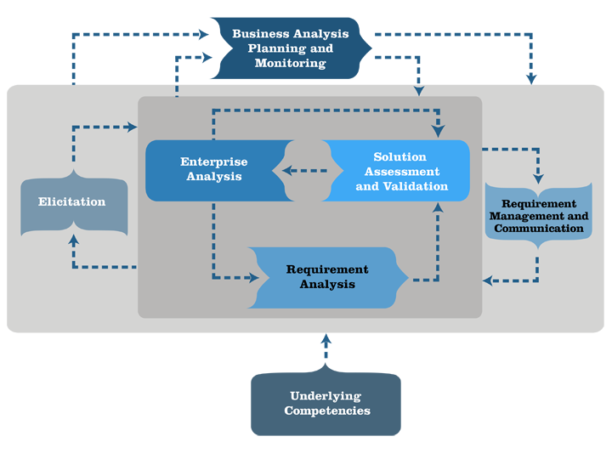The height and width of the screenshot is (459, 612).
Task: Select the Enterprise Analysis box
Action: [x=214, y=170]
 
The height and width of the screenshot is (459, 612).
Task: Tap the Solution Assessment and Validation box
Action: [x=399, y=171]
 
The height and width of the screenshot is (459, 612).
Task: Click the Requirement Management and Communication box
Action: [x=538, y=216]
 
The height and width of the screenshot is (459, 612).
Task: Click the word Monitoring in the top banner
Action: [x=290, y=63]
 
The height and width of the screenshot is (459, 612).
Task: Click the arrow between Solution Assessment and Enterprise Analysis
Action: [x=301, y=171]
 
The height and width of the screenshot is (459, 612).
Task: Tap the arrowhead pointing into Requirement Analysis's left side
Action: [x=253, y=277]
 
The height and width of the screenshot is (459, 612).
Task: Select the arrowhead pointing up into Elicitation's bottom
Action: [x=74, y=240]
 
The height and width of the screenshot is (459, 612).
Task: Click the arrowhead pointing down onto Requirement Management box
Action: [x=538, y=178]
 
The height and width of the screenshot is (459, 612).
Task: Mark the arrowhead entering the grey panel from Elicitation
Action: [x=132, y=127]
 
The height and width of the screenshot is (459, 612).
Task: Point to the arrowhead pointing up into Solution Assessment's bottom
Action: [x=439, y=207]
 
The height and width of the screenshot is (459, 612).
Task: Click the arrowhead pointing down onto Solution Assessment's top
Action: [x=439, y=132]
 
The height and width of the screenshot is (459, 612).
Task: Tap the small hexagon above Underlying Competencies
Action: [x=326, y=348]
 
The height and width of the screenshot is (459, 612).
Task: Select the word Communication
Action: [x=538, y=229]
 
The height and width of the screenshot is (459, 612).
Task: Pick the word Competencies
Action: [x=326, y=411]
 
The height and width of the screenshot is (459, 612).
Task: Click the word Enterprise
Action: [x=214, y=161]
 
